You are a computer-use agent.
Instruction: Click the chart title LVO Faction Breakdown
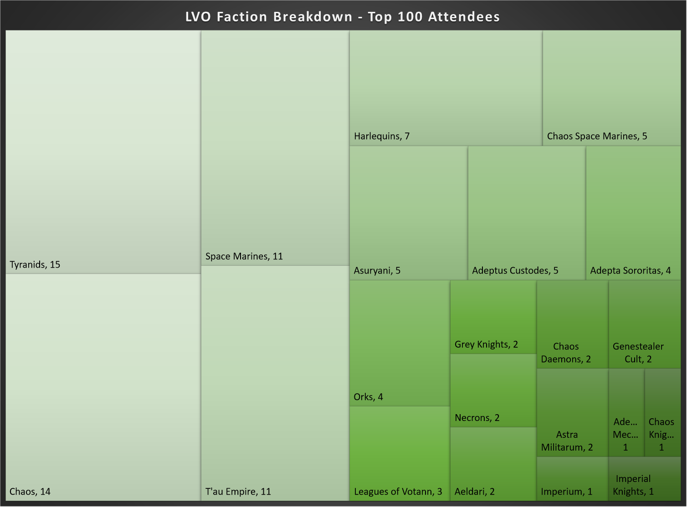343,17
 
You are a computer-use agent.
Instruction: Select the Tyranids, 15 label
35,264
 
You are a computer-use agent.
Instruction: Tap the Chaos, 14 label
30,492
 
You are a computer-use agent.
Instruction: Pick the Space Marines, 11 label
244,256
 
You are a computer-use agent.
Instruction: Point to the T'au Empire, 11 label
238,492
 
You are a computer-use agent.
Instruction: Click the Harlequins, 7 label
382,136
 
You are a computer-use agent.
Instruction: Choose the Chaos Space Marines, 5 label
597,136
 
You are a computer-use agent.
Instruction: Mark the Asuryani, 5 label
377,270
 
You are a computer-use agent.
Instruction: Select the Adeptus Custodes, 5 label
515,270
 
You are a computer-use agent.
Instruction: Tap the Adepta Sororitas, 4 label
631,270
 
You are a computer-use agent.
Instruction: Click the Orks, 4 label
369,397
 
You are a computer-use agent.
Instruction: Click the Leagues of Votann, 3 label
398,492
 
